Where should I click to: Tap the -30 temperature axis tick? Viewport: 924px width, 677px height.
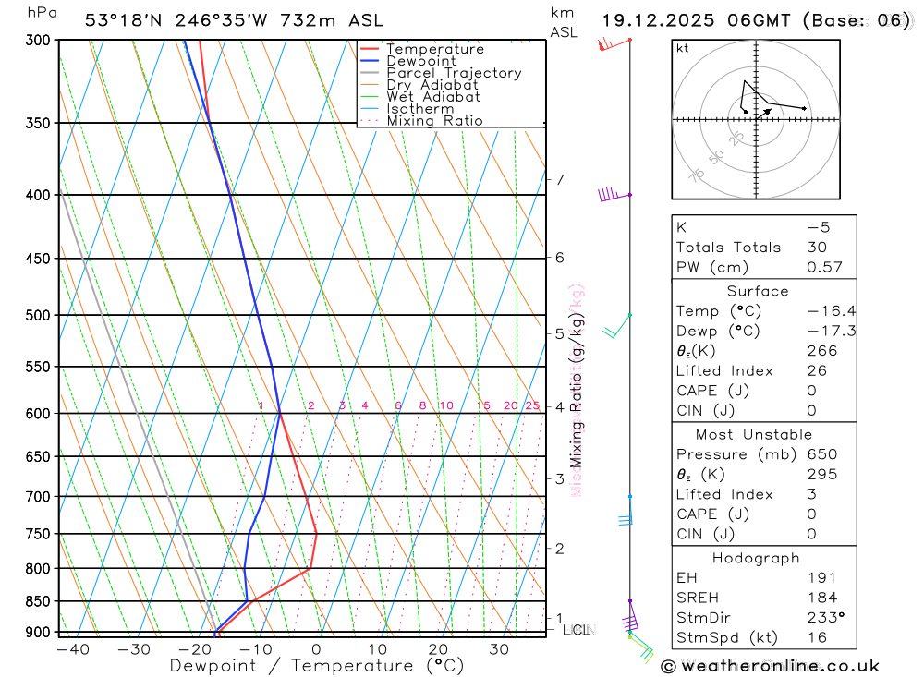(134, 649)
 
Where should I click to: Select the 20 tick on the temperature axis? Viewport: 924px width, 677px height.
(438, 649)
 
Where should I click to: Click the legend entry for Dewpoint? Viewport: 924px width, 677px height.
(420, 61)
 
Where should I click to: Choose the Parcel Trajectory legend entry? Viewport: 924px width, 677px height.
(454, 73)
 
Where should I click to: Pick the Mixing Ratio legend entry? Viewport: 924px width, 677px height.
(434, 121)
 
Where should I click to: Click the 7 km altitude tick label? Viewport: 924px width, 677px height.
(559, 179)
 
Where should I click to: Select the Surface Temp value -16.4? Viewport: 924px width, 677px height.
(831, 311)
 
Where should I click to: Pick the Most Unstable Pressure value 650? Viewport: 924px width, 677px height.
(821, 454)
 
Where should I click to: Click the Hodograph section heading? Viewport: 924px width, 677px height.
(756, 558)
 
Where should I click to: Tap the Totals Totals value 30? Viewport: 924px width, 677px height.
(816, 247)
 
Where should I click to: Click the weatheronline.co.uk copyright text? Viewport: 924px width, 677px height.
(771, 665)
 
